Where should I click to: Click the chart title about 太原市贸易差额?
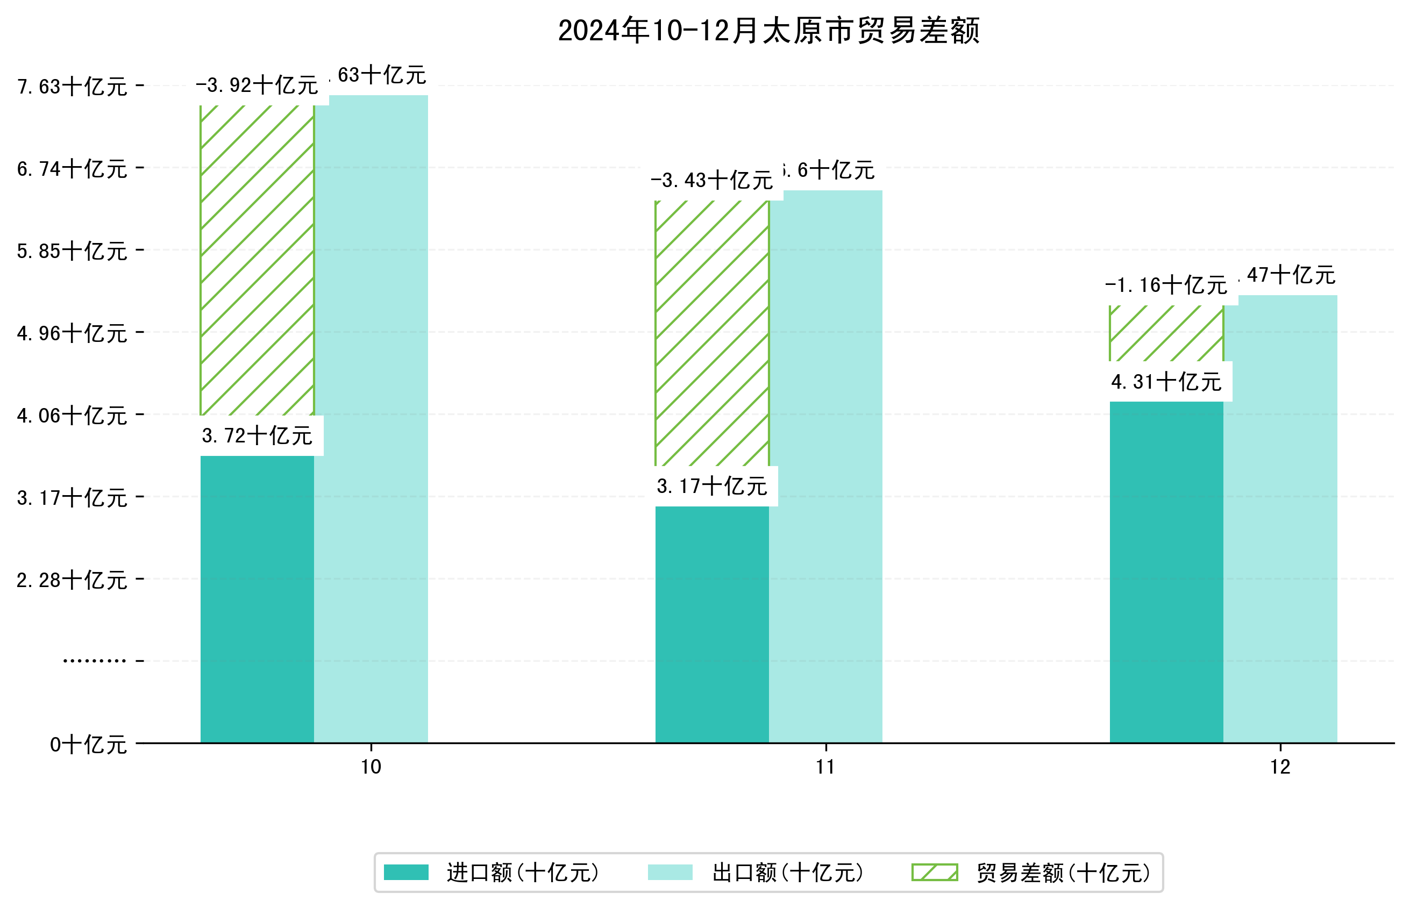click(768, 31)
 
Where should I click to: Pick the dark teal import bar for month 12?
click(1166, 572)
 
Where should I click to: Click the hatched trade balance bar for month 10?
click(257, 260)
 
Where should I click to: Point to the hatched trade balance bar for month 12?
click(1166, 333)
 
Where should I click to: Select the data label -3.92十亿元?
click(257, 85)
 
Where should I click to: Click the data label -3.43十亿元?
click(712, 181)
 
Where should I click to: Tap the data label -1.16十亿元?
click(1166, 285)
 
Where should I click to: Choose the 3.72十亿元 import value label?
click(257, 436)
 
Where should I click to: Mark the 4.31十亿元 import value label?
click(1166, 382)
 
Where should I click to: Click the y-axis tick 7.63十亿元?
click(72, 87)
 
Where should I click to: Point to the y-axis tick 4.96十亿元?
click(72, 333)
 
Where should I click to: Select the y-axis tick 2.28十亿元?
click(72, 580)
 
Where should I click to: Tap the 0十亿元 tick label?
click(88, 745)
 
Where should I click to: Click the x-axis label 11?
click(825, 767)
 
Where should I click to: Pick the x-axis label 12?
click(1280, 767)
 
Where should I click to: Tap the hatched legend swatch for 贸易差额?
click(934, 872)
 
